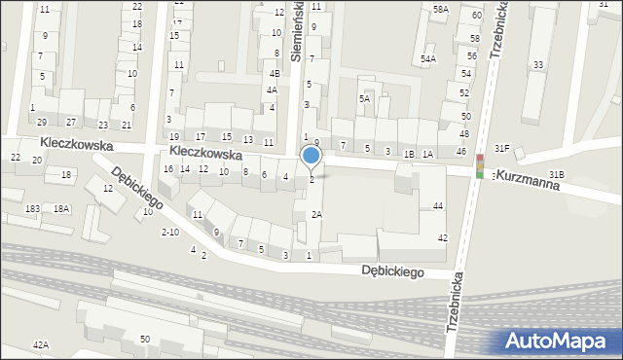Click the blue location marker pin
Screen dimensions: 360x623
[311, 157]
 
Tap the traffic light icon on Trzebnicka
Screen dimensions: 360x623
[479, 166]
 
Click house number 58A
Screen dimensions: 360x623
[441, 9]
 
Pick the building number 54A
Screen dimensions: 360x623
[427, 59]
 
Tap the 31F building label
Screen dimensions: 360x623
[501, 148]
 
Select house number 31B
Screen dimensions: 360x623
[556, 174]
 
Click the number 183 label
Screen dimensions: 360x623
[32, 208]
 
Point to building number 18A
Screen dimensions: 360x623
[61, 208]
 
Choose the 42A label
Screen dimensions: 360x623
[40, 344]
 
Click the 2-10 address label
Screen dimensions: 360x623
[169, 232]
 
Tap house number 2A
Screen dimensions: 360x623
[315, 214]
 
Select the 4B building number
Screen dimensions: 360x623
[275, 73]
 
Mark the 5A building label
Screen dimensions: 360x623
[364, 98]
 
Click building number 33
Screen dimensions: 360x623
[537, 65]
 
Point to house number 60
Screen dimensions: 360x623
[476, 16]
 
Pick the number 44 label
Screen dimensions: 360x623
[438, 205]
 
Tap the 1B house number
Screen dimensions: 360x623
[410, 153]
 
